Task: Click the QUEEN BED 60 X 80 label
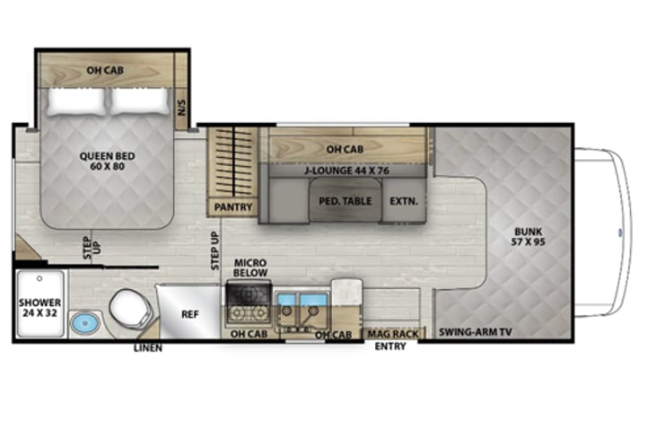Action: (x=107, y=161)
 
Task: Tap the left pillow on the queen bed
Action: (x=75, y=101)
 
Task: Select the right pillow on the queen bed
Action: (x=139, y=101)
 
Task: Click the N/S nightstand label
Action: (x=181, y=108)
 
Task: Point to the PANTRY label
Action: (x=233, y=207)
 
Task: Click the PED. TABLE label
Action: (x=345, y=201)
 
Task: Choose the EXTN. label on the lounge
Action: (x=404, y=201)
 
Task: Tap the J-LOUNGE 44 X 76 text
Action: (x=346, y=171)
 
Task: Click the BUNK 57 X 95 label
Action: (x=528, y=236)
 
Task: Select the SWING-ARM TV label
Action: (x=476, y=332)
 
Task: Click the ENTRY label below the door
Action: (x=389, y=346)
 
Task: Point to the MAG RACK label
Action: (x=393, y=334)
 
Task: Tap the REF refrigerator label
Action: (x=190, y=314)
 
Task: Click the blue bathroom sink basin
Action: (x=85, y=323)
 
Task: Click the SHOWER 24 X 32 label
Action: (x=39, y=308)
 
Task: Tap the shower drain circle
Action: (x=39, y=278)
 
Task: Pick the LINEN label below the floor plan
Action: (x=148, y=347)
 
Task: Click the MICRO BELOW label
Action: (x=250, y=268)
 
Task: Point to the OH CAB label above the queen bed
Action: (x=105, y=70)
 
